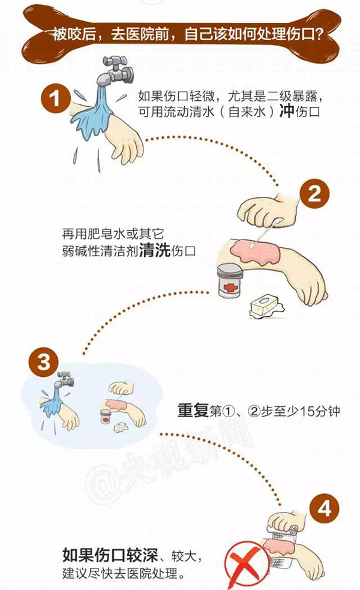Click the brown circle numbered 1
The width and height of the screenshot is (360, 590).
click(x=56, y=98)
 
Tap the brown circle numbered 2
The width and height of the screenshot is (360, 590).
click(x=314, y=194)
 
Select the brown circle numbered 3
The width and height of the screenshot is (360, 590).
click(x=44, y=363)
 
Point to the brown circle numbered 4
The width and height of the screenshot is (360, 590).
click(x=325, y=509)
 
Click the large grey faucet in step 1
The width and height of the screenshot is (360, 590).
click(x=115, y=71)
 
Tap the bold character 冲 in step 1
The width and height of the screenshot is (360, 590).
click(x=287, y=112)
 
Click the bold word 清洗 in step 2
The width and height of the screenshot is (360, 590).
click(x=155, y=250)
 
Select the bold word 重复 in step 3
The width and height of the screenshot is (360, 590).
click(x=193, y=410)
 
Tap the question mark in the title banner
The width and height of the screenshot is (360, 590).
click(x=317, y=35)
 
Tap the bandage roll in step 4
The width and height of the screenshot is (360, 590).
click(x=283, y=531)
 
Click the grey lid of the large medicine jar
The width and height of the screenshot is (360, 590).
click(x=230, y=270)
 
